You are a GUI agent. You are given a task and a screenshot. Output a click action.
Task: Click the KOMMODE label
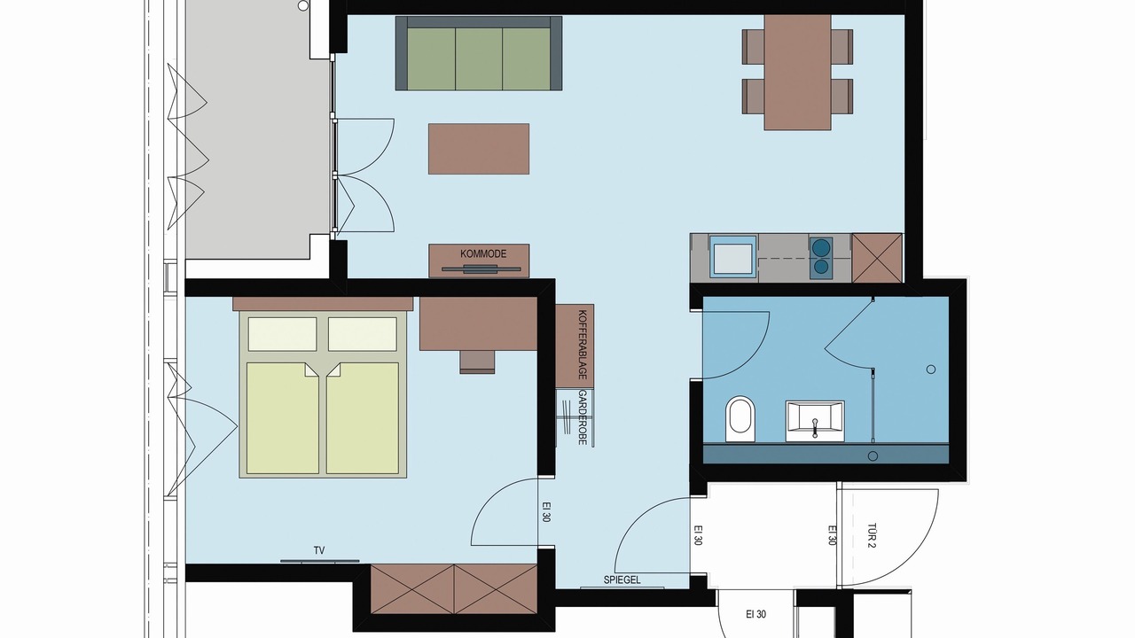click(x=483, y=253)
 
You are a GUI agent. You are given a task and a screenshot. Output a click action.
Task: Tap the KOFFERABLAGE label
click(x=583, y=345)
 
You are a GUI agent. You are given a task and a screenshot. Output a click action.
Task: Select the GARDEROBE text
click(x=583, y=417)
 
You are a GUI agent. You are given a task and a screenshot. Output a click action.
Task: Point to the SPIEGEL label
click(x=622, y=580)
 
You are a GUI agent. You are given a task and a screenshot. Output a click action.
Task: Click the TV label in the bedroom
click(x=318, y=550)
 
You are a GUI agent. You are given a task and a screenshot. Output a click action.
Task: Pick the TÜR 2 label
click(x=872, y=535)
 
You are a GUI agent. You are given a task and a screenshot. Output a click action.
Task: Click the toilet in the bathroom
click(x=740, y=419)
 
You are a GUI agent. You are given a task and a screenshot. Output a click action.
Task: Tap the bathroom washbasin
click(x=815, y=421)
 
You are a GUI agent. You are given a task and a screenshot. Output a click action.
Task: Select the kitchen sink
click(x=733, y=258)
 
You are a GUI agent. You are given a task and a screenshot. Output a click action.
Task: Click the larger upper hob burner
click(x=820, y=248)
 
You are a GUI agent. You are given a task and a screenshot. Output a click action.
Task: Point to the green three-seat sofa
click(x=478, y=54)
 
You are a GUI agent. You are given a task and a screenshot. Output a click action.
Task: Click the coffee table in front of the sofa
click(x=479, y=149)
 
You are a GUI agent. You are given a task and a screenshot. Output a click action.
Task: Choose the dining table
click(x=797, y=73)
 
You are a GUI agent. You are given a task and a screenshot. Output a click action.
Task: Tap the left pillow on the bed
click(x=282, y=334)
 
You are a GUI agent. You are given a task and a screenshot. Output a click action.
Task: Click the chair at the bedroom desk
click(x=477, y=362)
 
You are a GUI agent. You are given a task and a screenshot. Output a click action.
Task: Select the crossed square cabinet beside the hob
click(x=877, y=258)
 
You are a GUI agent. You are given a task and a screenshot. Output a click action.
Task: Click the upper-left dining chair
click(x=754, y=47)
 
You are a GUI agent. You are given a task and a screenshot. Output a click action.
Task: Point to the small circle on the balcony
click(x=303, y=6)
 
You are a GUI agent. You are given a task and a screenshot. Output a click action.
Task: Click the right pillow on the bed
click(x=363, y=334)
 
